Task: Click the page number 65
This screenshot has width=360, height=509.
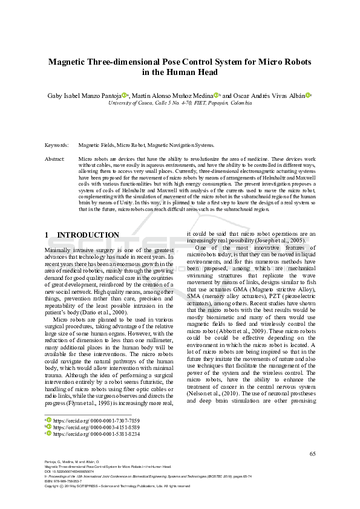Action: pyautogui.click(x=312, y=454)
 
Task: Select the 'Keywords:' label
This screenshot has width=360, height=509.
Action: pyautogui.click(x=56, y=146)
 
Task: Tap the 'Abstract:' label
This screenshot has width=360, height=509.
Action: pyautogui.click(x=55, y=158)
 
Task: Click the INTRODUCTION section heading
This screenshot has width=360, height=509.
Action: pyautogui.click(x=96, y=235)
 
